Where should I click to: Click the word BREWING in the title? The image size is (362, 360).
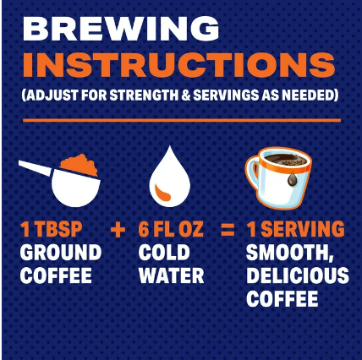[121, 28]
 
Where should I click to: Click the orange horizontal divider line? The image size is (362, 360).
[182, 121]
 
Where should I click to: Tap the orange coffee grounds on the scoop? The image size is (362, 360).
[79, 165]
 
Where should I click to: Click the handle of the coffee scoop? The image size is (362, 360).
[36, 168]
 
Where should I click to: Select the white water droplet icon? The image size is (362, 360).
[170, 177]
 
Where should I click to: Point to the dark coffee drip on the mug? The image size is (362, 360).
[293, 179]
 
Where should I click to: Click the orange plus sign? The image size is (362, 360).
[118, 230]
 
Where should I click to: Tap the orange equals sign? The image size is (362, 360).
[228, 230]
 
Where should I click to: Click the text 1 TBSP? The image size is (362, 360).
[52, 229]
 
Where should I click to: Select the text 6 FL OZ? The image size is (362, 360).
[171, 229]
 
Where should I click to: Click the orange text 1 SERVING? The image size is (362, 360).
[296, 229]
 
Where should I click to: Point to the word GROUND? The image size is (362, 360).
[61, 253]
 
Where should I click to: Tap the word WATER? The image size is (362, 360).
[172, 275]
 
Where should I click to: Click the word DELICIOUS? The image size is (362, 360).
[298, 275]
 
